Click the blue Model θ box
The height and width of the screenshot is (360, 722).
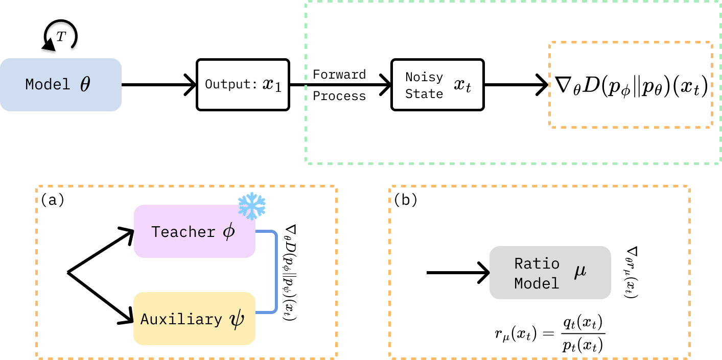click(x=60, y=84)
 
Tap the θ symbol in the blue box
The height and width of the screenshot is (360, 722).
click(x=85, y=84)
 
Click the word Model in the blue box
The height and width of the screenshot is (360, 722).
click(x=48, y=84)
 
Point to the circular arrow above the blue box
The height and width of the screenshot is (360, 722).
click(x=60, y=38)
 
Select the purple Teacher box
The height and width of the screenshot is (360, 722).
click(x=194, y=231)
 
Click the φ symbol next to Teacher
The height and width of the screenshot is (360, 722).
click(x=229, y=231)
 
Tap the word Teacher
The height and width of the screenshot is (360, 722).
click(x=183, y=232)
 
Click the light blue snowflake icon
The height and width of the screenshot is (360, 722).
click(x=252, y=206)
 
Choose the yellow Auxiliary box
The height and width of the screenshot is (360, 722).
click(x=194, y=319)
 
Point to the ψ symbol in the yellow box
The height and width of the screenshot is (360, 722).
click(x=237, y=319)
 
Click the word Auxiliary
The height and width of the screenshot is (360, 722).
click(x=181, y=319)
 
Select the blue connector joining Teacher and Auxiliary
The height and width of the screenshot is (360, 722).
click(x=276, y=272)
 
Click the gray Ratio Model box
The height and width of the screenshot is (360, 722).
click(x=550, y=272)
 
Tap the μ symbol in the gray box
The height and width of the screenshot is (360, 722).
click(x=580, y=271)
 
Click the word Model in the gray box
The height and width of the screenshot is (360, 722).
click(x=537, y=283)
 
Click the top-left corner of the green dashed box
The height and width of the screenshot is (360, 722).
click(x=306, y=2)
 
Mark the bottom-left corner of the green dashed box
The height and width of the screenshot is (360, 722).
click(x=307, y=162)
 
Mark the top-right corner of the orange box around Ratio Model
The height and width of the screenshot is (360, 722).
click(x=689, y=187)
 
